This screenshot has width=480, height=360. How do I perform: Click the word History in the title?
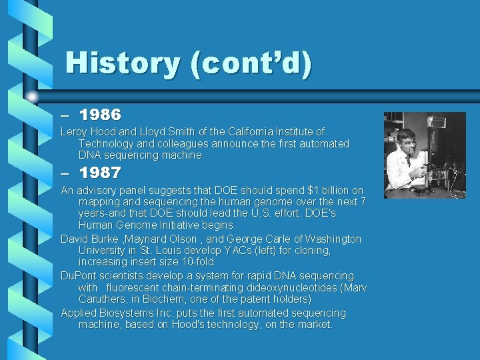(123, 63)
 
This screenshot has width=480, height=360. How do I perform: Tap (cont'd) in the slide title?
(250, 63)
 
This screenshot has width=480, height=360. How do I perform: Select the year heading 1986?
(100, 116)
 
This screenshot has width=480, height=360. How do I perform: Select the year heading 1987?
(100, 173)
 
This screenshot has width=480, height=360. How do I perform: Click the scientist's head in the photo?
(405, 138)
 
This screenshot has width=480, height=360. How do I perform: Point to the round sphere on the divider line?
(33, 97)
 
